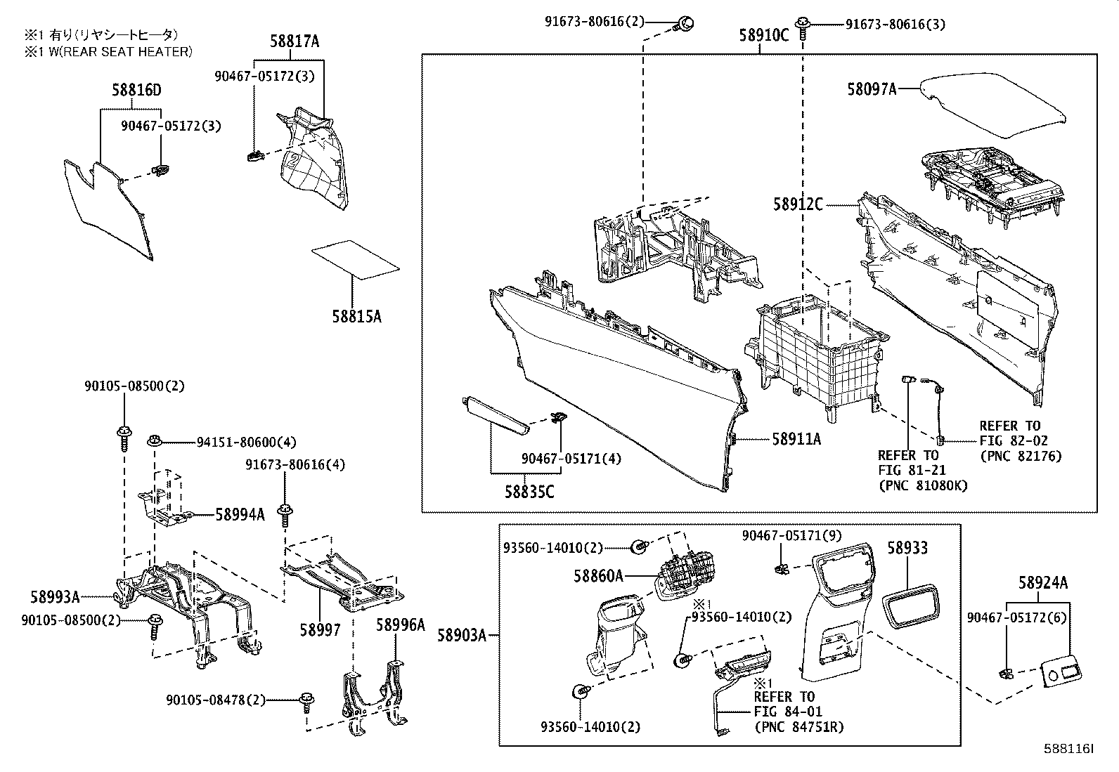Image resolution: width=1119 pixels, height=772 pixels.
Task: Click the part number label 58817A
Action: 295,42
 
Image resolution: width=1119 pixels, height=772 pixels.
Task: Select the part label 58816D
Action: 136,91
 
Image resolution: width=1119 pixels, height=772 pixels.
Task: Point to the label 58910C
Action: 764,34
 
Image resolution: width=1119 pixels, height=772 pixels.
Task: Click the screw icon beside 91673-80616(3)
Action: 803,26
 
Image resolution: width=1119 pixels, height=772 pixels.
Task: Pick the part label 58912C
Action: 798,204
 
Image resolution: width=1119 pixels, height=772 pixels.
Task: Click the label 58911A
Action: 796,440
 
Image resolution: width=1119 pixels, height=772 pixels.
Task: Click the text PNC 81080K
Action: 923,485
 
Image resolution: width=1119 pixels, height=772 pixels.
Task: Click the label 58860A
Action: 598,576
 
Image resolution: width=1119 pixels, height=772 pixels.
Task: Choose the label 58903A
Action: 462,636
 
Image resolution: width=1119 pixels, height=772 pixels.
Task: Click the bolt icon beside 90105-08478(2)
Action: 306,700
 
